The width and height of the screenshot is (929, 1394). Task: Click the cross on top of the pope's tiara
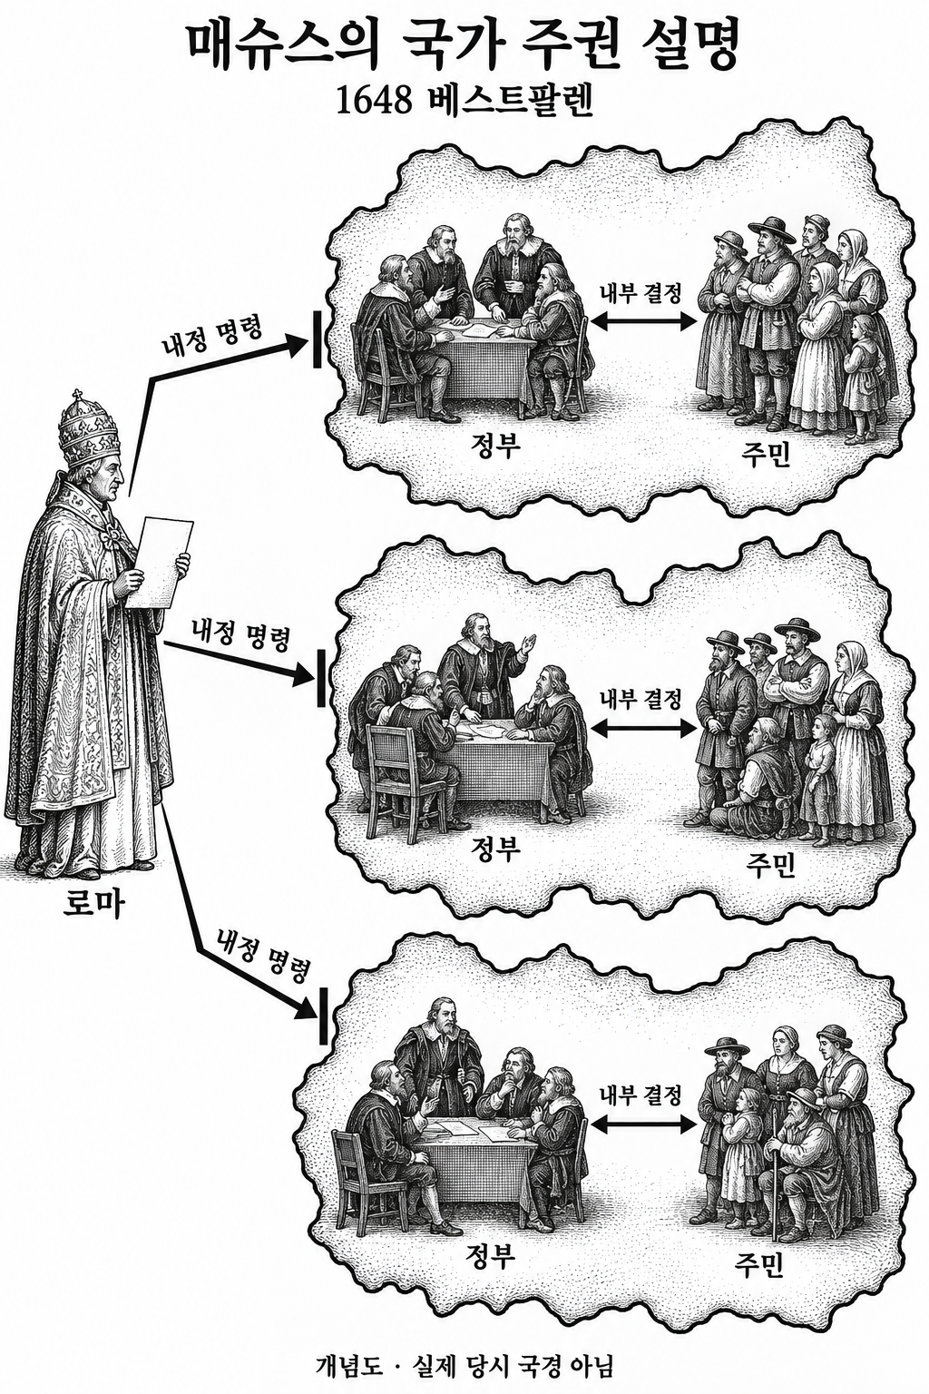point(78,396)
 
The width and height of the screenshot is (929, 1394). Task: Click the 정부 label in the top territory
point(495,447)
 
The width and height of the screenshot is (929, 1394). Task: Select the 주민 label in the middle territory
point(771,866)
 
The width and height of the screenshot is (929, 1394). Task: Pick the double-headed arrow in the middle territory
point(642,727)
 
